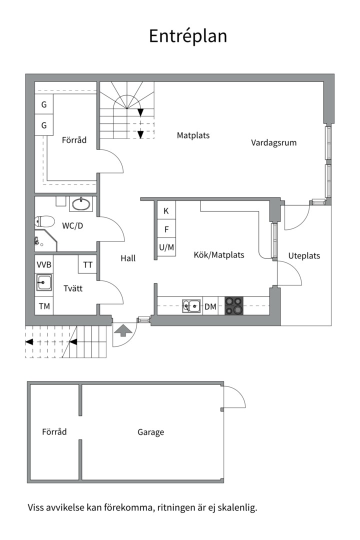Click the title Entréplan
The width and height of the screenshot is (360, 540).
coord(188,36)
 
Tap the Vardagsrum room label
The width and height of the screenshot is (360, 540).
coord(273,142)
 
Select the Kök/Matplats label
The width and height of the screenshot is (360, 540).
coord(219,254)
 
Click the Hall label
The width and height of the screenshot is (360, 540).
coord(128,258)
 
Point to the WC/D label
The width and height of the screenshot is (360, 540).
coord(72,226)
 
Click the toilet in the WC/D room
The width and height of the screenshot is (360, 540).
coord(44,221)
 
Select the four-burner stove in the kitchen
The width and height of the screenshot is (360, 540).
coord(233,306)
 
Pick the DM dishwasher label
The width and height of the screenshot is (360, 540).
coord(210,306)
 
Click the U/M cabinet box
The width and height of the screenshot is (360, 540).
coord(166,247)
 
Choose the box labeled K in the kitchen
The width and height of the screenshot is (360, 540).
coord(166,211)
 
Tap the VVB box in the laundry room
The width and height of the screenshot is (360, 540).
coord(44,264)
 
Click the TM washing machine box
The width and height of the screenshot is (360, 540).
coord(44,306)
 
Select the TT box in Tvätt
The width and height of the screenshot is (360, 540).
coord(87,264)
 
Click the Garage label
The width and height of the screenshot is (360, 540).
coord(151,432)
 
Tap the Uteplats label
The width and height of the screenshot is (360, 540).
coord(304,256)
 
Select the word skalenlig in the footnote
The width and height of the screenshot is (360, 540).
coord(237,508)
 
